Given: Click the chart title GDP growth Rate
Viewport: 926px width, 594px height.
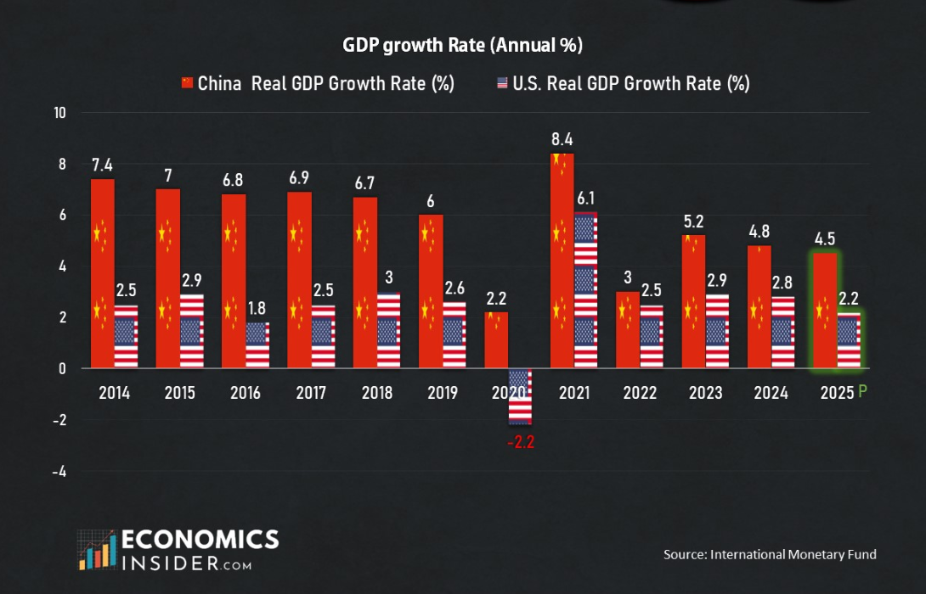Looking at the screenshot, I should [x=462, y=45].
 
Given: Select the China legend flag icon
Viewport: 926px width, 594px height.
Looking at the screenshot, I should [x=188, y=83].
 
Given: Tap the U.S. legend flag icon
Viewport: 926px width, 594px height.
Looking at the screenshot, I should [x=502, y=83].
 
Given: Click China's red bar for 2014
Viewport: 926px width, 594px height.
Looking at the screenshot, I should [x=102, y=273].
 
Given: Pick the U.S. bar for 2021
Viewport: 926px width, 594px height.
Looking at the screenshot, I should [x=585, y=290].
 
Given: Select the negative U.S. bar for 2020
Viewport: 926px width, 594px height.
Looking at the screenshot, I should [x=520, y=396].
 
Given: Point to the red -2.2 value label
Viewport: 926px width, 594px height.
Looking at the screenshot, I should [x=521, y=442].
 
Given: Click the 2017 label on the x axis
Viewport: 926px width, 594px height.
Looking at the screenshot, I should [x=312, y=393].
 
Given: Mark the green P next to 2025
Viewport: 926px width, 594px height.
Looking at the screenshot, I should [x=862, y=392].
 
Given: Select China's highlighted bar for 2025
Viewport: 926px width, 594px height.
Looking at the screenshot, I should [x=825, y=311].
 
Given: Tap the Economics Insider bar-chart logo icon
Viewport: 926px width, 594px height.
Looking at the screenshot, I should [x=95, y=550].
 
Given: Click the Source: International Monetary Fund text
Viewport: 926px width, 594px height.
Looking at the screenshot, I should [x=770, y=554].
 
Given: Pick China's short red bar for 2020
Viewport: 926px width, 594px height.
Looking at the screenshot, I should [x=497, y=340].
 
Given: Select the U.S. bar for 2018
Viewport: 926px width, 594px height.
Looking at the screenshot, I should [x=389, y=331].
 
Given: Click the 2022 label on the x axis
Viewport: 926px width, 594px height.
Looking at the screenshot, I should [x=640, y=393].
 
